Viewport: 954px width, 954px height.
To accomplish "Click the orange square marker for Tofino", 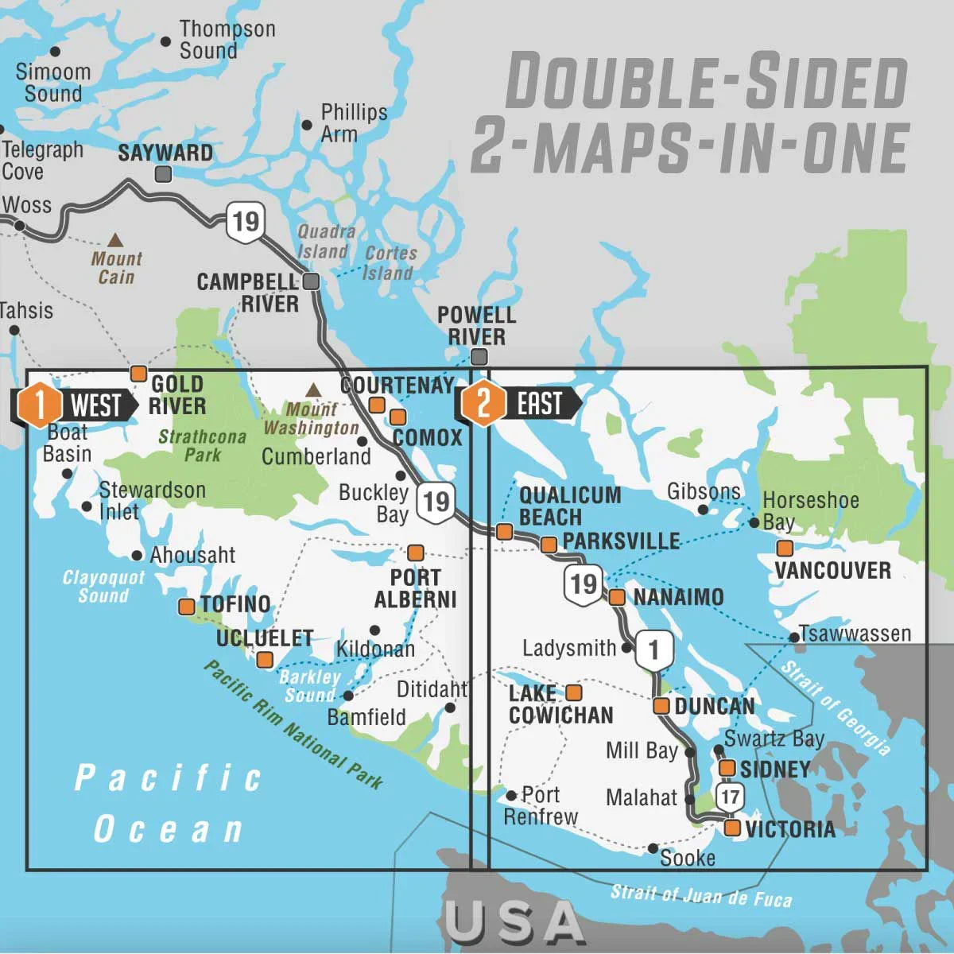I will (x=186, y=607).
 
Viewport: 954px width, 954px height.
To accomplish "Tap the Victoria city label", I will (x=790, y=829).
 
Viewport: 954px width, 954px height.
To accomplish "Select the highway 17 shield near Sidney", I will (x=730, y=796).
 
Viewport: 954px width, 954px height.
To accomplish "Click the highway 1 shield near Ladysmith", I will (x=653, y=650).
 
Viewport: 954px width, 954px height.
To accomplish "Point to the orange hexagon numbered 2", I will (x=483, y=403).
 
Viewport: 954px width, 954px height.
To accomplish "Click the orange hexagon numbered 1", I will (x=37, y=404).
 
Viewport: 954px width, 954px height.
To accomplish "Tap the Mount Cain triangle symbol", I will (x=115, y=239).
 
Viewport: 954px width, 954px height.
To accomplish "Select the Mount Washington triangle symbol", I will (x=313, y=390).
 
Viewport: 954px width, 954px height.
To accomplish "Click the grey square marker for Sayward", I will (x=163, y=173).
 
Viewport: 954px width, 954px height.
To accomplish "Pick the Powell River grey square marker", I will (x=478, y=357).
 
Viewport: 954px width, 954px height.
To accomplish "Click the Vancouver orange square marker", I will (x=785, y=548).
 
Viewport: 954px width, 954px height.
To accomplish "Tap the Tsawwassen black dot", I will (x=793, y=638).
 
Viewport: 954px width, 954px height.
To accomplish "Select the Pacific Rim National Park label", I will (x=293, y=724).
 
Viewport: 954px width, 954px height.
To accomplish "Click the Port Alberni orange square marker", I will (x=415, y=553).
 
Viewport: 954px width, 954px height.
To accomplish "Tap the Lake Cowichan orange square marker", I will (x=573, y=692).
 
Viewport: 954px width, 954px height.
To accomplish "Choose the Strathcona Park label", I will (x=202, y=446).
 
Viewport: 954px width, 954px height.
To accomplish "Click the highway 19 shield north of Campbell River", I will (x=245, y=221).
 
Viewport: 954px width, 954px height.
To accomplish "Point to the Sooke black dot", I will (x=653, y=848).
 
